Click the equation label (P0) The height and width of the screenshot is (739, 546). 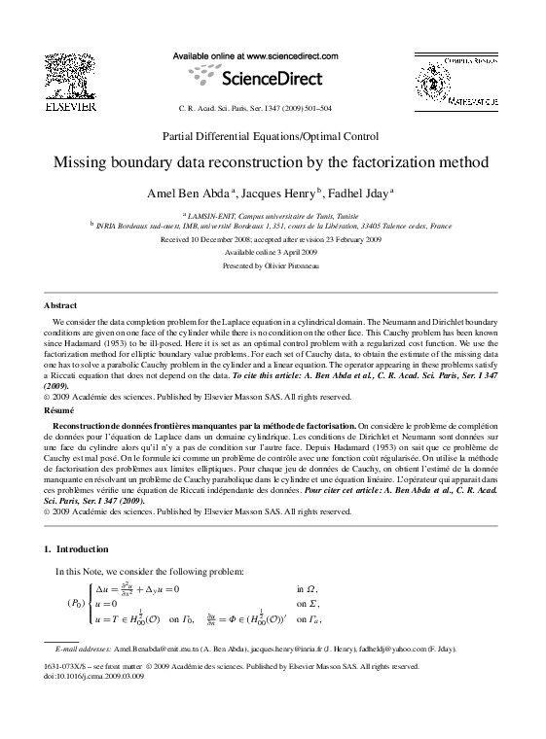point(75,603)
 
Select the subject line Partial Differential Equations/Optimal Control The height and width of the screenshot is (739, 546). point(272,136)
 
